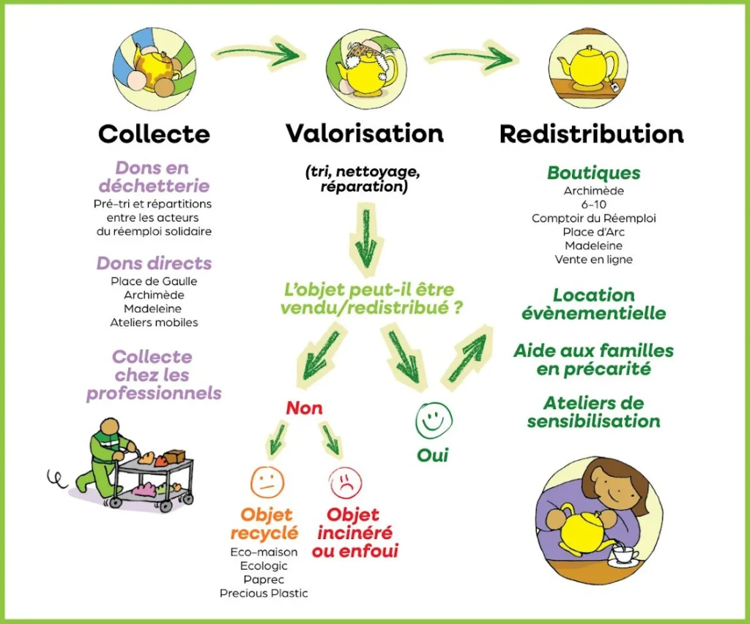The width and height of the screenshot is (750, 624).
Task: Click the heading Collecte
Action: point(154,135)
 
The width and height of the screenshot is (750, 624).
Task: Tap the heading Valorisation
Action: point(364,133)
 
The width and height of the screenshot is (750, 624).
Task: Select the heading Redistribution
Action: point(591,135)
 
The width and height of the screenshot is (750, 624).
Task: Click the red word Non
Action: point(304,408)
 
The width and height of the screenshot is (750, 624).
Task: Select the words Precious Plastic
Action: point(264,593)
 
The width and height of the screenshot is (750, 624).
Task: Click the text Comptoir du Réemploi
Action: point(594,218)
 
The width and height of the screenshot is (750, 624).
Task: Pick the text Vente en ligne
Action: point(594,259)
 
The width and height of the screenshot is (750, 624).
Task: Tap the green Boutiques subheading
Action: point(594,173)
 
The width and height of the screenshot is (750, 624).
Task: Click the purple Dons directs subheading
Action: point(154,263)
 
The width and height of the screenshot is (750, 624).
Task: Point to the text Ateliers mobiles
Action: point(154,322)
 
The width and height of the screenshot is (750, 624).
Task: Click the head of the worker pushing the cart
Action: point(111,427)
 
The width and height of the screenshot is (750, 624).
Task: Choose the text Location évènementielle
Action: point(594,304)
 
